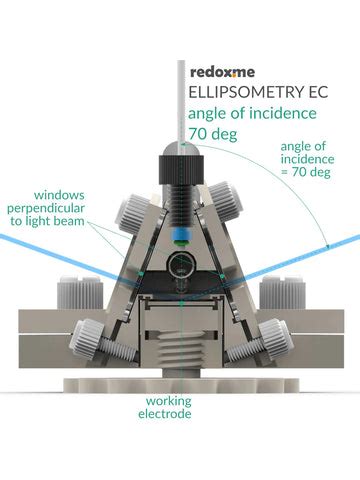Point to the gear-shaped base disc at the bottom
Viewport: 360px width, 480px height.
[180, 384]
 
